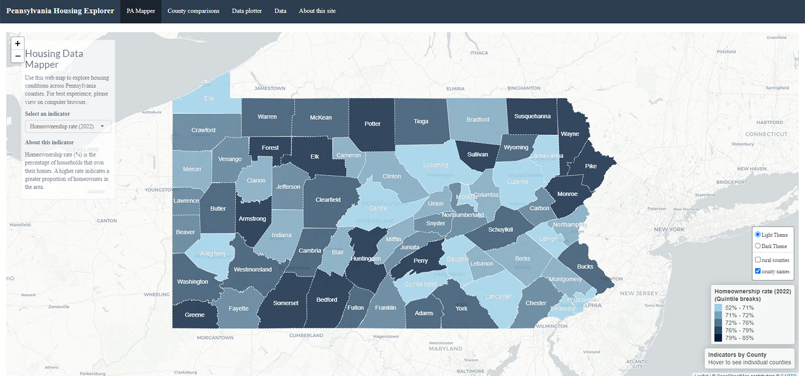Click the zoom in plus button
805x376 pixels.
pyautogui.click(x=18, y=44)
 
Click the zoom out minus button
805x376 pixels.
pyautogui.click(x=18, y=56)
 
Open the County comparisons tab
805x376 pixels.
pyautogui.click(x=194, y=11)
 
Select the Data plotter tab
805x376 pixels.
pyautogui.click(x=247, y=11)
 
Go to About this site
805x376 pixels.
pyautogui.click(x=317, y=11)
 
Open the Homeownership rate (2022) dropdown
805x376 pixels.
pyautogui.click(x=68, y=126)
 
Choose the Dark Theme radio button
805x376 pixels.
pyautogui.click(x=758, y=246)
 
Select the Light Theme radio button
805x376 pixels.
pyautogui.click(x=758, y=235)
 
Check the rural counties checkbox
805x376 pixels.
pyautogui.click(x=758, y=260)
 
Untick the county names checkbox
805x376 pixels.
pyautogui.click(x=758, y=271)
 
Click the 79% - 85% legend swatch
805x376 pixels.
pyautogui.click(x=718, y=338)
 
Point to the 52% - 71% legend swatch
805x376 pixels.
pyautogui.click(x=718, y=308)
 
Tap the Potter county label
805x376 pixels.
pyautogui.click(x=372, y=124)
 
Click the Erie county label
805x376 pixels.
pyautogui.click(x=209, y=99)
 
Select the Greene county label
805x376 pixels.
pyautogui.click(x=194, y=315)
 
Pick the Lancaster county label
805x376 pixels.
pyautogui.click(x=499, y=297)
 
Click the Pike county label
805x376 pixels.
pyautogui.click(x=590, y=166)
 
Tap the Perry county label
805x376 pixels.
pyautogui.click(x=421, y=261)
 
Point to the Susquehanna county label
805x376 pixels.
pyautogui.click(x=532, y=116)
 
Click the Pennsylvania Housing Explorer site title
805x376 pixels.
pyautogui.click(x=60, y=11)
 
